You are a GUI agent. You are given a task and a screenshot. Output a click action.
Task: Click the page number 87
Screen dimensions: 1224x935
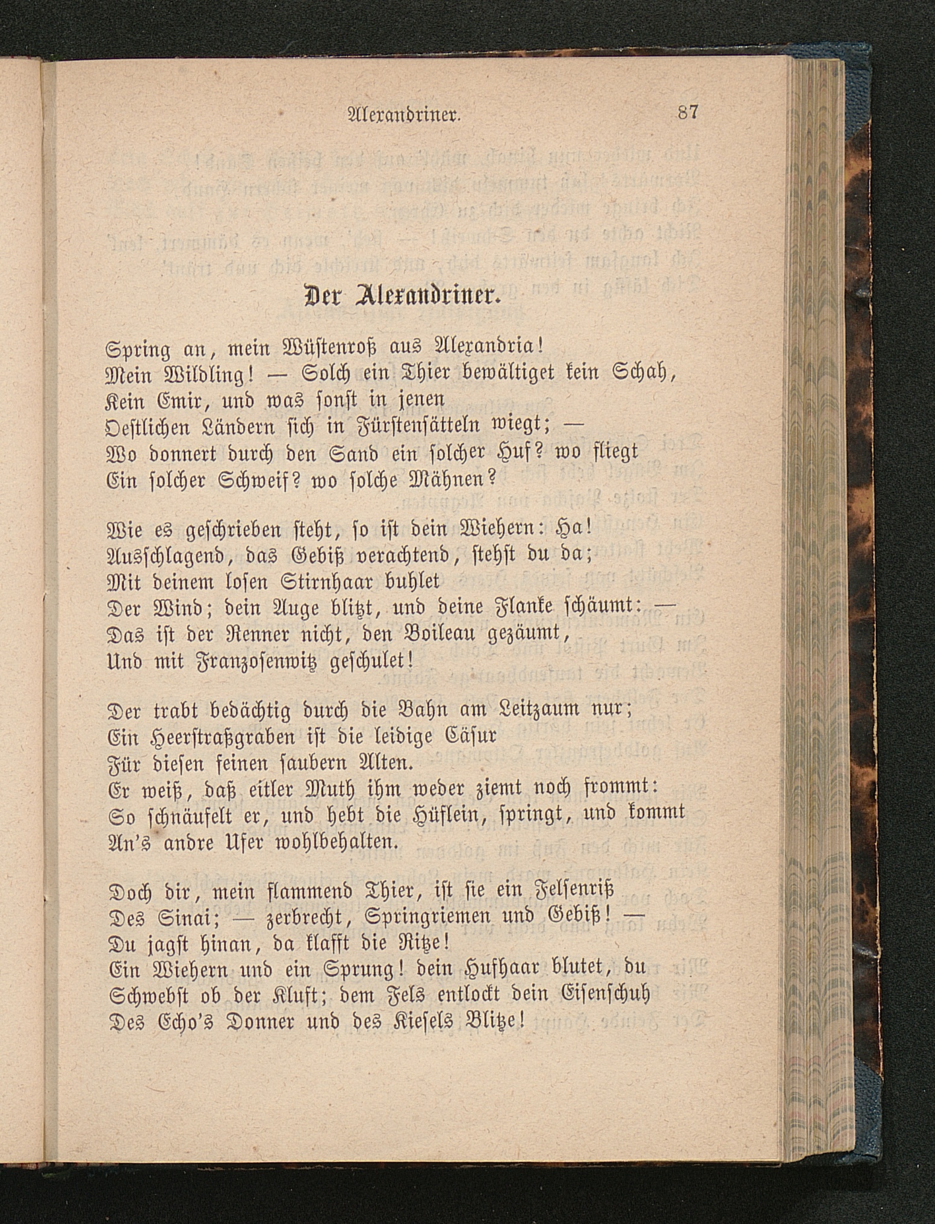687,113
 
